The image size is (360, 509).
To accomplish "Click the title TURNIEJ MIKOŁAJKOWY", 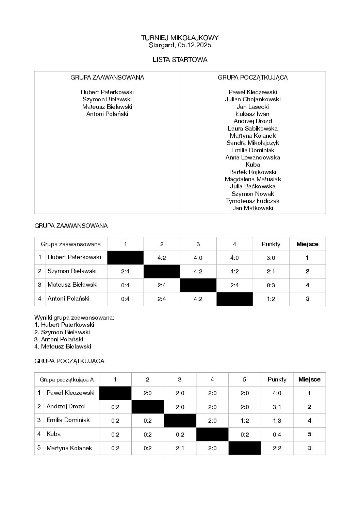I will click(x=180, y=38).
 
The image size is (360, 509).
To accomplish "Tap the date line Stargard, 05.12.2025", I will click(x=180, y=45).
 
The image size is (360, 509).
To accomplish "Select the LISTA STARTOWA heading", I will click(x=180, y=60).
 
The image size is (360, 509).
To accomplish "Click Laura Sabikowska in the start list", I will click(x=252, y=129).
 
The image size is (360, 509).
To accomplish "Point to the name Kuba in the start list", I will click(x=252, y=165).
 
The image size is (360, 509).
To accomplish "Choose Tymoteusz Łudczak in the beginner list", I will click(x=252, y=201).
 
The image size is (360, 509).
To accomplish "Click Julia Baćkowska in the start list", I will click(x=252, y=186).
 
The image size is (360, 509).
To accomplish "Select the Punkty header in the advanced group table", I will click(x=271, y=244).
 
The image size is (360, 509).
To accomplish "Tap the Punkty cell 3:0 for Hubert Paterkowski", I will click(x=271, y=258).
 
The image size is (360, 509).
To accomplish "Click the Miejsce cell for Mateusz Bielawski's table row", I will click(x=307, y=285).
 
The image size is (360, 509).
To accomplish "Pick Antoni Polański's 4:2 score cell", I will click(x=198, y=299).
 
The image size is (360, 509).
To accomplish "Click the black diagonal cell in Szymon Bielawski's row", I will click(x=162, y=271).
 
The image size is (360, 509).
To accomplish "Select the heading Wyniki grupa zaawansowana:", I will click(x=74, y=318).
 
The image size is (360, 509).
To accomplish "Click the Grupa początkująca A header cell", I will click(x=67, y=379).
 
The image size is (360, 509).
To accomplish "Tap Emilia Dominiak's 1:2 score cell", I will click(x=244, y=421).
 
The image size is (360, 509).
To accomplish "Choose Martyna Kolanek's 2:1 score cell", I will click(x=180, y=448).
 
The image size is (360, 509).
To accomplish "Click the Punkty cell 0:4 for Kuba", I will click(x=277, y=434).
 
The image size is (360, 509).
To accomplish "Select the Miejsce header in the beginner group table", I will click(x=309, y=379).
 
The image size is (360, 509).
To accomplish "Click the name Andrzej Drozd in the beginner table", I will click(x=65, y=407).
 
